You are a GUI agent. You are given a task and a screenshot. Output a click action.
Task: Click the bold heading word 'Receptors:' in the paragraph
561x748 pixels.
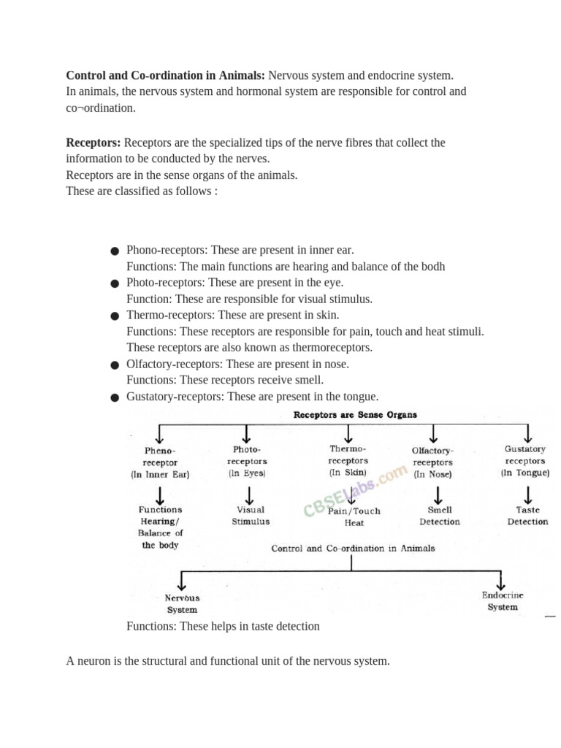pos(93,142)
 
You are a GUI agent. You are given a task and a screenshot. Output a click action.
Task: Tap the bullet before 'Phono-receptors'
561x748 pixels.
pos(115,251)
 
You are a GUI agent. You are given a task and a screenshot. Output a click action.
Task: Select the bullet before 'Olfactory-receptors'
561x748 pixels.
pos(115,365)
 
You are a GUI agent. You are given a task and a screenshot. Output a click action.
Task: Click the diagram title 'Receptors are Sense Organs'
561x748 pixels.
pos(355,415)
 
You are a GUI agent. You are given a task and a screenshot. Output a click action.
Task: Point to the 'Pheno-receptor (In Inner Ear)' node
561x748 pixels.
pos(160,462)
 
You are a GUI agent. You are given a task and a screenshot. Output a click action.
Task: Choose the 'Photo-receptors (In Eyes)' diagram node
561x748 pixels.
pos(247,461)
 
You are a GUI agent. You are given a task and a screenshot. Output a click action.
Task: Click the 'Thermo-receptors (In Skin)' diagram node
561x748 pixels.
pos(348,461)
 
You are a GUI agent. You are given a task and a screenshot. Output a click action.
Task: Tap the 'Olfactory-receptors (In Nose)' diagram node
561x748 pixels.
pos(432,462)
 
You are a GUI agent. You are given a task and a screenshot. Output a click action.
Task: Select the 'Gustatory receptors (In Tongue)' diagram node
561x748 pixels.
pos(524,461)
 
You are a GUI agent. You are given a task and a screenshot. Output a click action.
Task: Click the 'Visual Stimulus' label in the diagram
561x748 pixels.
pos(251,516)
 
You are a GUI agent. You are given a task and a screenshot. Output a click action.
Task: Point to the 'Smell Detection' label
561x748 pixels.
pos(440,516)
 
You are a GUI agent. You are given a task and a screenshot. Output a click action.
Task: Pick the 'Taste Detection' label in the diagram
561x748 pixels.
pos(527,516)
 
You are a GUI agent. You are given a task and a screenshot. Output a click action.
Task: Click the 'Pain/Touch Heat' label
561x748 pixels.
pos(354,517)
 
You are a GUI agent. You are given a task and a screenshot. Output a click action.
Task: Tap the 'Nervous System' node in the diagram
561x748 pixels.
pos(182,604)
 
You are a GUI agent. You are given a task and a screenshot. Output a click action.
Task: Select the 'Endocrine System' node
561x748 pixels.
pos(503,601)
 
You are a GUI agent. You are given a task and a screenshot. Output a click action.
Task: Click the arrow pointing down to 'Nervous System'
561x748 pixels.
pos(182,581)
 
